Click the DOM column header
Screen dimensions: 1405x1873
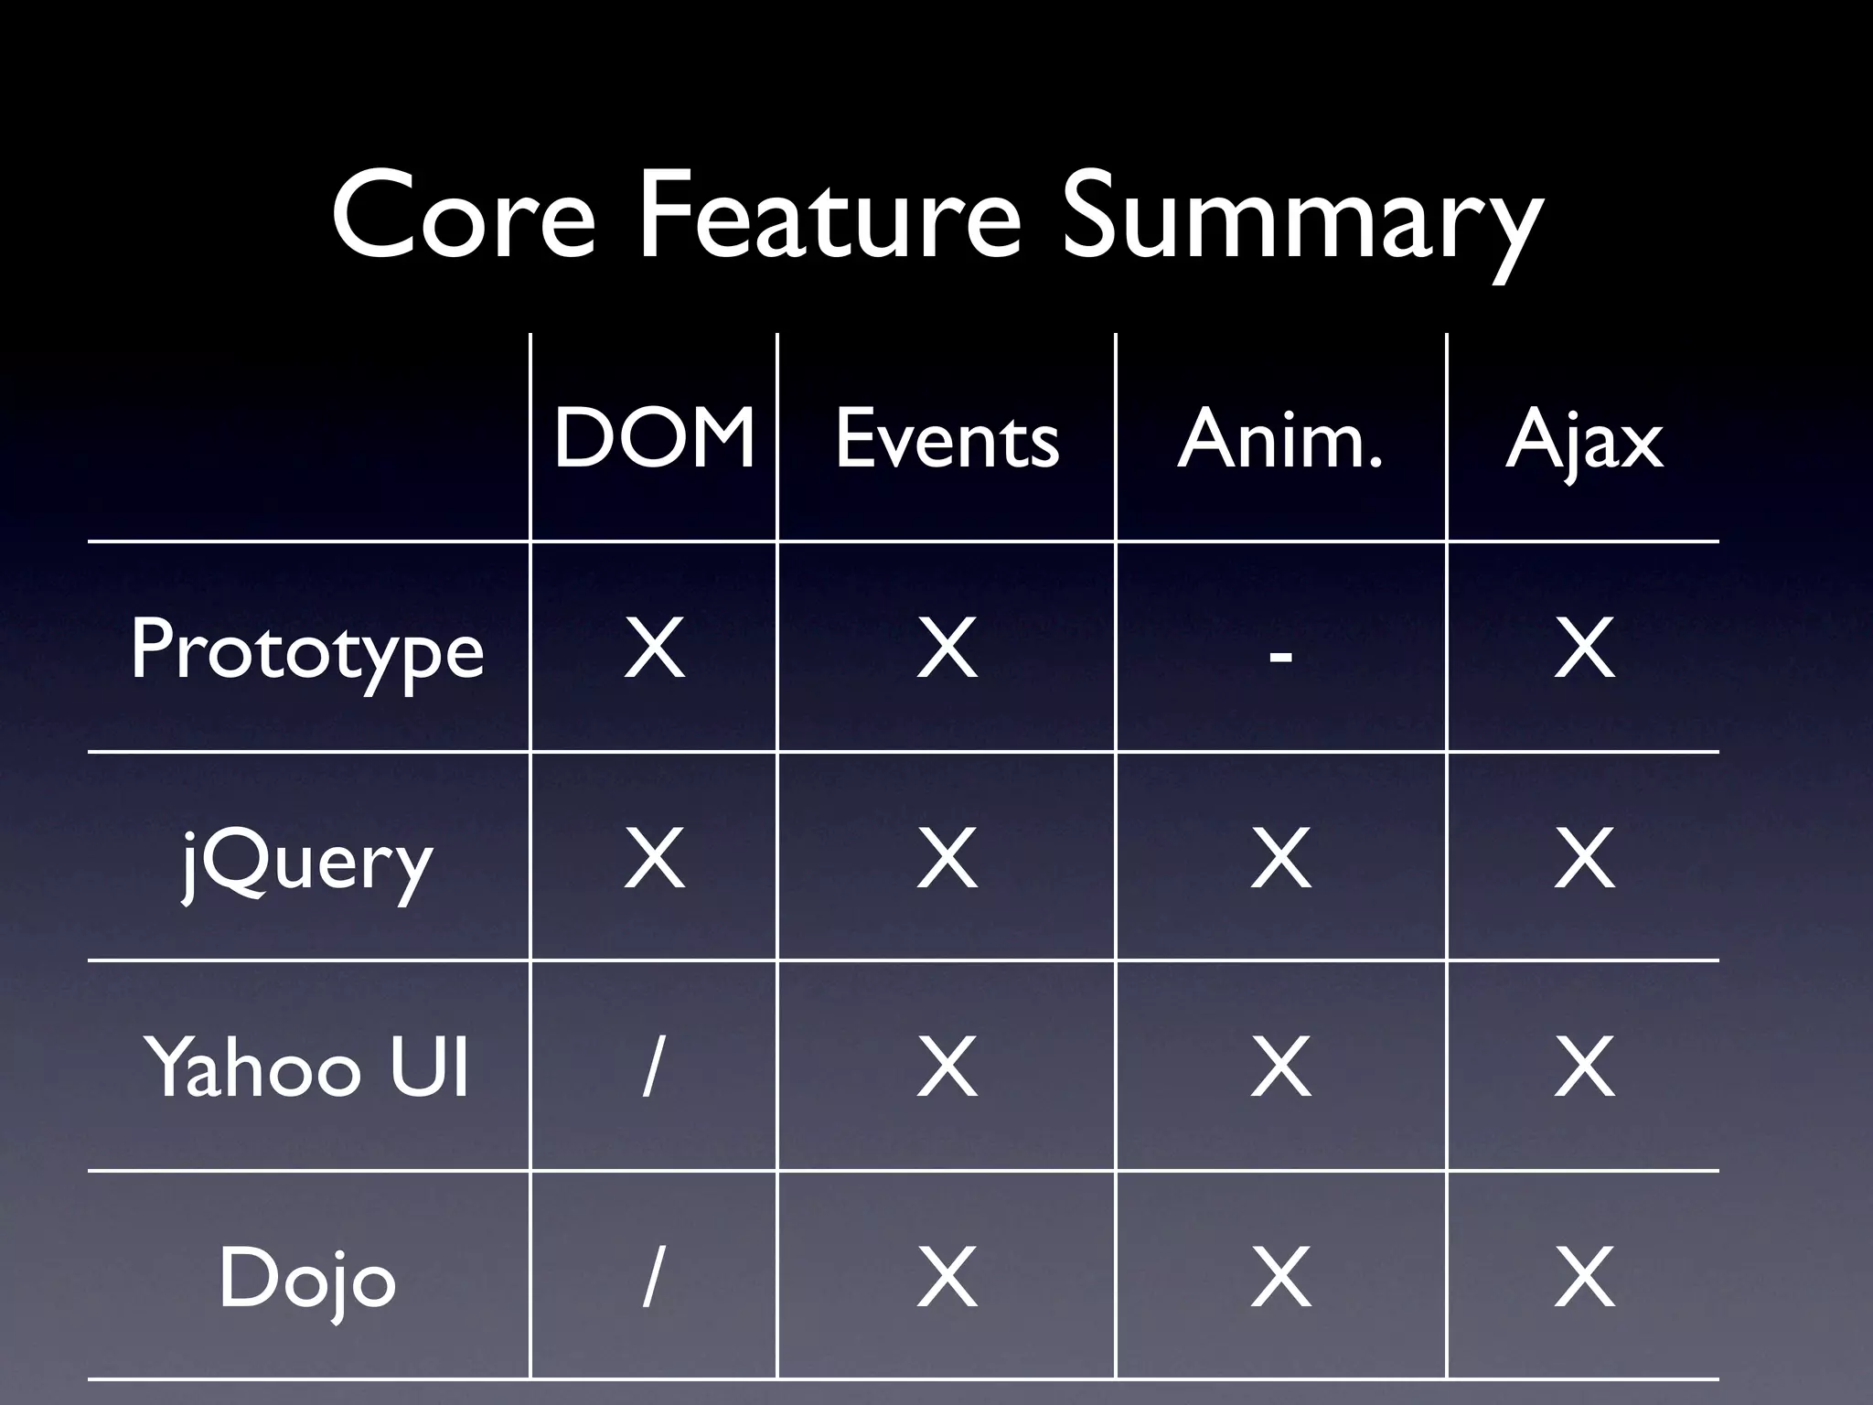coord(654,440)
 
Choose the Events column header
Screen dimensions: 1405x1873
coord(947,440)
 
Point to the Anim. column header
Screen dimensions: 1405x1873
coord(1280,440)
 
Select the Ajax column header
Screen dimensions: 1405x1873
coord(1584,442)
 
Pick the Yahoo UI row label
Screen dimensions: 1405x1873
coord(307,1067)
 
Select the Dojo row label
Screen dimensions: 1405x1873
coord(307,1278)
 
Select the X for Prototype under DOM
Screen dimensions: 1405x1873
coord(654,649)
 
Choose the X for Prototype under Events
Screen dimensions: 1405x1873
coord(947,649)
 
